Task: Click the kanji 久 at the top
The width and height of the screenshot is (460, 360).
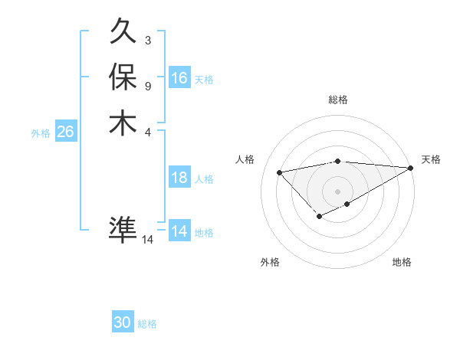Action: (123, 32)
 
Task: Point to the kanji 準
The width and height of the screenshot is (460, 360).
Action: (123, 229)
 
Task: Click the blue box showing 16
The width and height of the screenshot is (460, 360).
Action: (179, 78)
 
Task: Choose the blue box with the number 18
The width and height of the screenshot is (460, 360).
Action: (179, 178)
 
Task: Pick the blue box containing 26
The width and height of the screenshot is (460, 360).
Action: (65, 132)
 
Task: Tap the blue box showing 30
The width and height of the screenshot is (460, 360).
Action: (123, 322)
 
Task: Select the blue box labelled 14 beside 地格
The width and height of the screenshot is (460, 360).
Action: (179, 231)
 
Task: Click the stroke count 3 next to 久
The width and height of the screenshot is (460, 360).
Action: (147, 39)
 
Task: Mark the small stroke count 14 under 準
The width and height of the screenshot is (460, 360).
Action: (148, 240)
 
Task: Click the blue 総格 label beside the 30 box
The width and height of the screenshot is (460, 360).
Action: (148, 324)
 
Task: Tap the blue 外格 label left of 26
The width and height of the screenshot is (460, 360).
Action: (41, 133)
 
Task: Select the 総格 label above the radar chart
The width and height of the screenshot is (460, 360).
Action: (338, 100)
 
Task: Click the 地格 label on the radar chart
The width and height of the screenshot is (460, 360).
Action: (402, 263)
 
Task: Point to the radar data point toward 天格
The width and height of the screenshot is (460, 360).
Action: (411, 168)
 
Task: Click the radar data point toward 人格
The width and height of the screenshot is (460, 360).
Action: (279, 172)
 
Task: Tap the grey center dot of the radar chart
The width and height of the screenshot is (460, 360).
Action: (338, 191)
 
